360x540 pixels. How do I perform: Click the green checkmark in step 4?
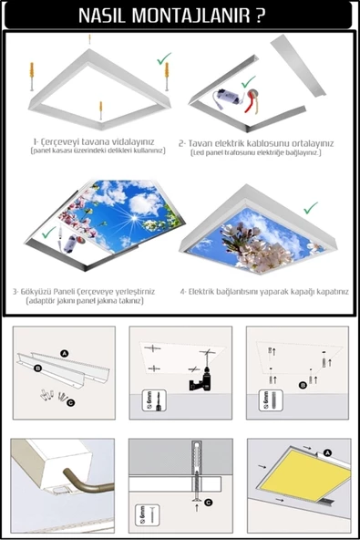[x=310, y=207]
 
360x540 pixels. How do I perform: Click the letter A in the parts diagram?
[x=65, y=352]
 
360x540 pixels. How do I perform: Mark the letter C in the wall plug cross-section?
[x=209, y=500]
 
